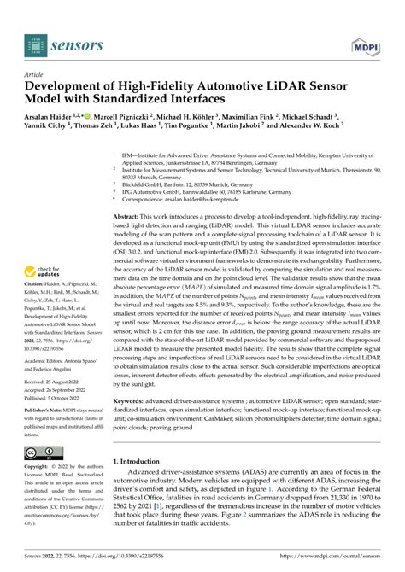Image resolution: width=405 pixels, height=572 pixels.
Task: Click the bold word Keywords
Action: tap(130, 425)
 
